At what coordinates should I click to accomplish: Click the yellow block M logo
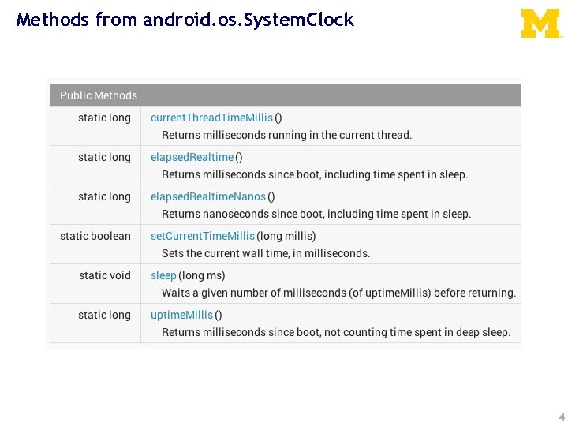[x=540, y=24]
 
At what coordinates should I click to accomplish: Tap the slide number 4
[x=561, y=417]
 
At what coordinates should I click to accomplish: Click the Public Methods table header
[x=99, y=95]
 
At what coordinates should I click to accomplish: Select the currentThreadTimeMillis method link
[x=211, y=118]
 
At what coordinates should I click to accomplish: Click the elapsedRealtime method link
[x=192, y=157]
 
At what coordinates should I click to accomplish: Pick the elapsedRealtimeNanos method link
[x=208, y=196]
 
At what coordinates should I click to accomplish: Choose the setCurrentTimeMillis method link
[x=203, y=236]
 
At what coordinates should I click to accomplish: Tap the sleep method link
[x=163, y=275]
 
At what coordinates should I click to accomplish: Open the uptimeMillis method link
[x=181, y=315]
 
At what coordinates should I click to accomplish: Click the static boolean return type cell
[x=95, y=236]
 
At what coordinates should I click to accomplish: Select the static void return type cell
[x=105, y=275]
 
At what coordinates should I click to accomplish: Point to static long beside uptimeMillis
[x=104, y=315]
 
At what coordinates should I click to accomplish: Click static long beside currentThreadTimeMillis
[x=104, y=118]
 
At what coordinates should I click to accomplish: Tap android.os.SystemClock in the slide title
[x=248, y=20]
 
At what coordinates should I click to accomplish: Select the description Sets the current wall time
[x=266, y=253]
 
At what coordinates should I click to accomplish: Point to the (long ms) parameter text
[x=202, y=275]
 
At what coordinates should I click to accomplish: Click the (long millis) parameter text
[x=286, y=236]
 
